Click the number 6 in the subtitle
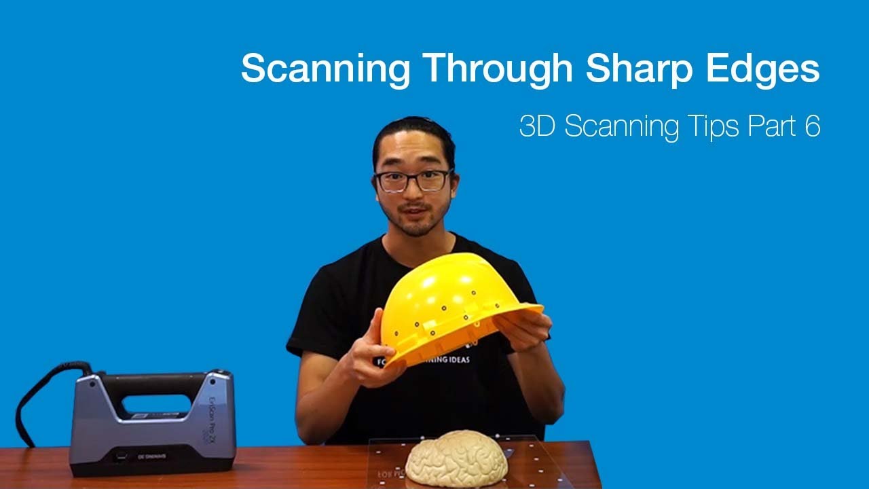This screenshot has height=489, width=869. click(x=813, y=127)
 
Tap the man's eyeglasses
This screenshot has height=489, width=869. click(x=413, y=181)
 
